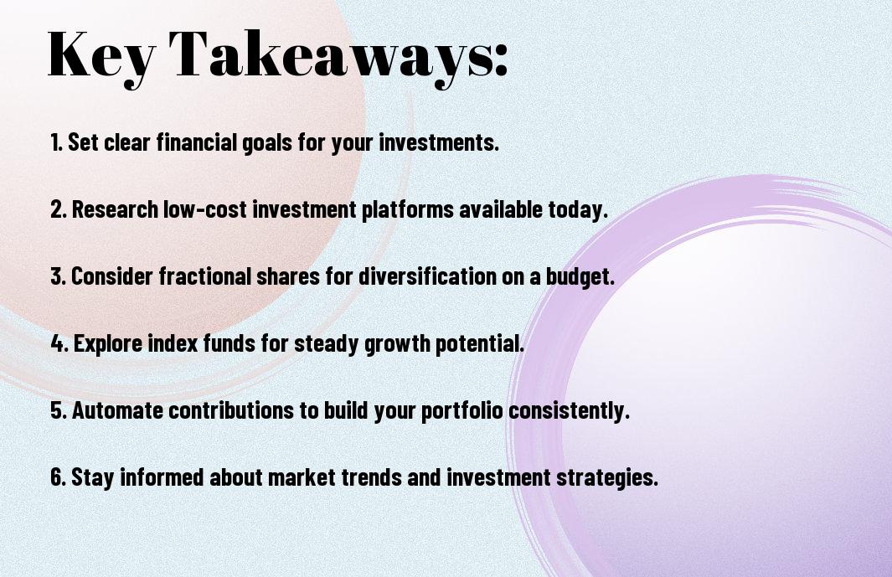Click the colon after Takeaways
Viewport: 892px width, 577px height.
pyautogui.click(x=500, y=60)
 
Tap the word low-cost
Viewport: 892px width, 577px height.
pyautogui.click(x=205, y=209)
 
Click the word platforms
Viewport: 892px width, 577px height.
pyautogui.click(x=407, y=209)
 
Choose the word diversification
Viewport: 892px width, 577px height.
pyautogui.click(x=427, y=276)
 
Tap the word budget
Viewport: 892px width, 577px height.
pyautogui.click(x=580, y=277)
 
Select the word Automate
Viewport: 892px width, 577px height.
pyautogui.click(x=117, y=410)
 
